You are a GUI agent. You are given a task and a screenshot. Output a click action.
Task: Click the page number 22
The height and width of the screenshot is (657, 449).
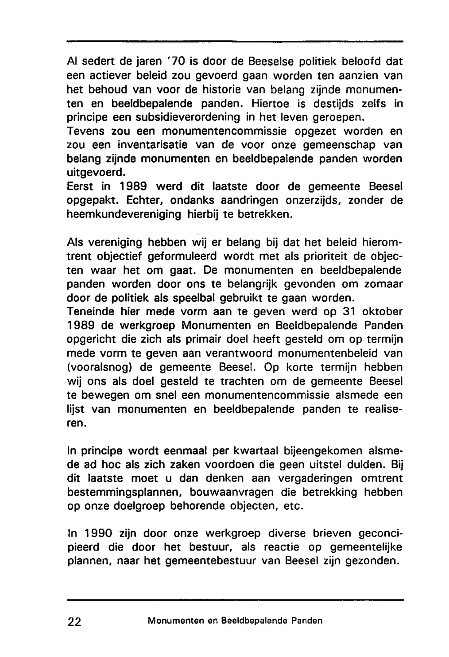75,622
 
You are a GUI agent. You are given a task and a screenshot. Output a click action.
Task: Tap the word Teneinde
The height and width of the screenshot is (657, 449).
89,312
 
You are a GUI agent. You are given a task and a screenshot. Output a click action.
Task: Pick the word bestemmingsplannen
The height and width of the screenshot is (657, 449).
123,493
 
